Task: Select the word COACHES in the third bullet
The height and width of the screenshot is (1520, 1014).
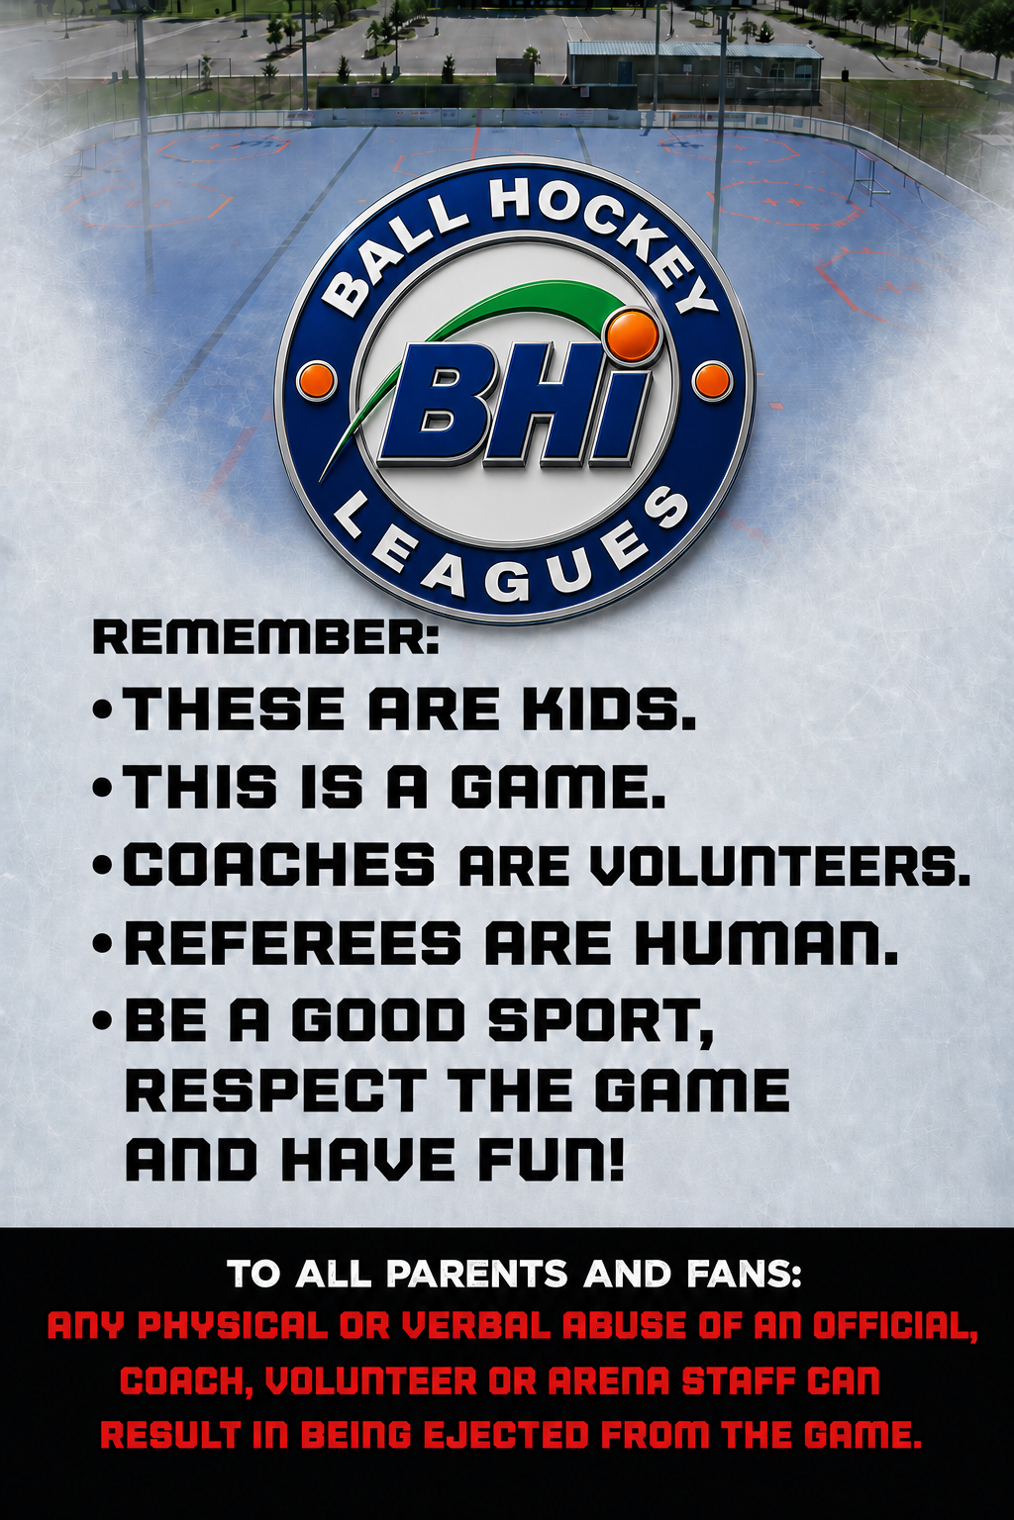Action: pos(279,866)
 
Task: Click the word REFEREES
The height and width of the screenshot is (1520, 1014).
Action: pos(293,944)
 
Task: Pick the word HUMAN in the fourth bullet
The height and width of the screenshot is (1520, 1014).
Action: pos(766,944)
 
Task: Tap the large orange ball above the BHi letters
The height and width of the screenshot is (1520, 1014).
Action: pos(633,335)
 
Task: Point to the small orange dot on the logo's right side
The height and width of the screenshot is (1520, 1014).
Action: pos(712,381)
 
